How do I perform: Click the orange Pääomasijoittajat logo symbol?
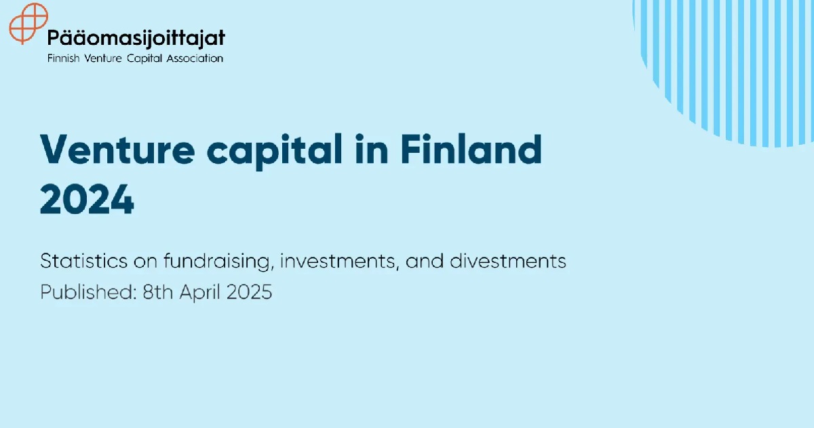pyautogui.click(x=28, y=23)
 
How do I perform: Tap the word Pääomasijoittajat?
pyautogui.click(x=136, y=38)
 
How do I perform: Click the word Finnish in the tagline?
pyautogui.click(x=63, y=58)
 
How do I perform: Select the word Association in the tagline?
pyautogui.click(x=195, y=58)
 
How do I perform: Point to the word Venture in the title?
pyautogui.click(x=118, y=150)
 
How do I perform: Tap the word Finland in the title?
pyautogui.click(x=471, y=149)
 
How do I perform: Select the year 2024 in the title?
pyautogui.click(x=88, y=200)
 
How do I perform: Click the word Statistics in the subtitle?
pyautogui.click(x=84, y=261)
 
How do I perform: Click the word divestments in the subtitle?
pyautogui.click(x=508, y=261)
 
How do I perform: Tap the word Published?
pyautogui.click(x=88, y=292)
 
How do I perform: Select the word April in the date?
pyautogui.click(x=200, y=293)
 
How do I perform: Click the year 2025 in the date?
pyautogui.click(x=250, y=292)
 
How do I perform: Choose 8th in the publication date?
pyautogui.click(x=157, y=292)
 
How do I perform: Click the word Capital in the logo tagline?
pyautogui.click(x=144, y=58)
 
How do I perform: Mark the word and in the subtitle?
pyautogui.click(x=425, y=261)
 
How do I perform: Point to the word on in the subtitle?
pyautogui.click(x=145, y=262)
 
